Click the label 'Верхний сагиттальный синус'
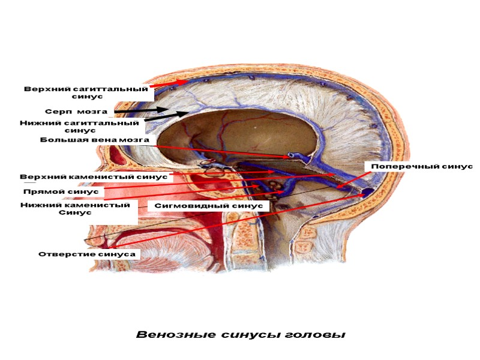86,92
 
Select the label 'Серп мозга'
76,112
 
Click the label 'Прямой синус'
60,192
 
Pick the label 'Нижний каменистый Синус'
75,209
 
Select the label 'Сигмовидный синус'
208,205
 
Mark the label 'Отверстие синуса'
87,254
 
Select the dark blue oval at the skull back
366,193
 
